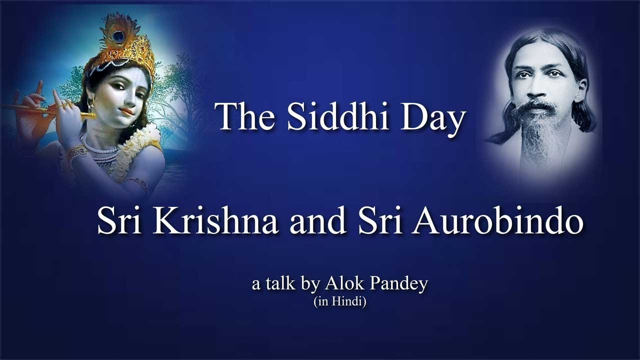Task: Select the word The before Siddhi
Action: [242, 118]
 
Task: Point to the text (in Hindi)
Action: [340, 301]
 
